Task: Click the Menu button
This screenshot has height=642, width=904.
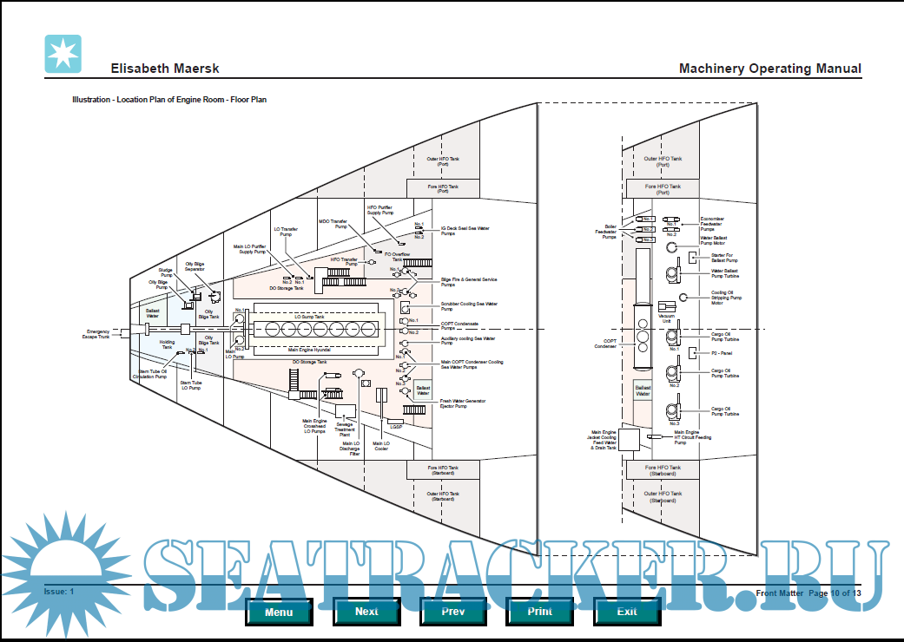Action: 279,611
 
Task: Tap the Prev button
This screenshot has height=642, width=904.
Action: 452,611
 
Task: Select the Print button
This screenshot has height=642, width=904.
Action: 539,611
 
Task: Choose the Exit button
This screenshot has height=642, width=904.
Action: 626,611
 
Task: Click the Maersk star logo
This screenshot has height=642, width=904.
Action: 63,55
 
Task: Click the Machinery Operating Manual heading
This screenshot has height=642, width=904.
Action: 769,69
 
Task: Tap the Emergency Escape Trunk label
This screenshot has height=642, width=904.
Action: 97,334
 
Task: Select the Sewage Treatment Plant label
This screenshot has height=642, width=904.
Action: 345,429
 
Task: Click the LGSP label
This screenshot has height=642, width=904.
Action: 396,426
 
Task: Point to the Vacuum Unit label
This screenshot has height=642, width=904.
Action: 667,318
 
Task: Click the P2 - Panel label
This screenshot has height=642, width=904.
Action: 721,353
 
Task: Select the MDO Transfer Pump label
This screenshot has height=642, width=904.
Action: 333,223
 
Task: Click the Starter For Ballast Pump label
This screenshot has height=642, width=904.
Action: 724,258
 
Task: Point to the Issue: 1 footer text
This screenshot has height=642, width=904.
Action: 59,591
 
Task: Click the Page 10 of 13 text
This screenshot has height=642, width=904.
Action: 835,593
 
